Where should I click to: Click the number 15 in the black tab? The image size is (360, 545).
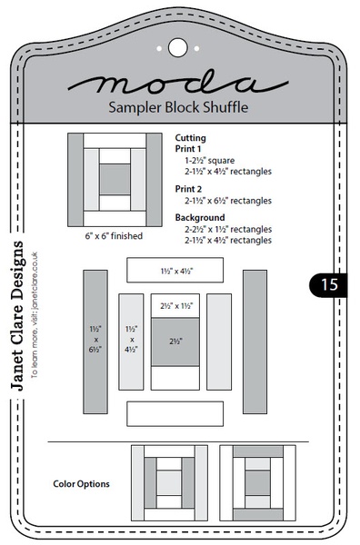coord(328,284)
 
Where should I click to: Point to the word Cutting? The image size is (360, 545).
coord(191,138)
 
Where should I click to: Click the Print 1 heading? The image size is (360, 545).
coord(189,149)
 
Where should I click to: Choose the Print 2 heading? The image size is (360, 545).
coord(189,189)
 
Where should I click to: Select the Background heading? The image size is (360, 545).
coord(199,219)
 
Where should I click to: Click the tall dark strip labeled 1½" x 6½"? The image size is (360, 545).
coord(95,342)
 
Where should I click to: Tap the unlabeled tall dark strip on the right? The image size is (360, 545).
coord(255,342)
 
